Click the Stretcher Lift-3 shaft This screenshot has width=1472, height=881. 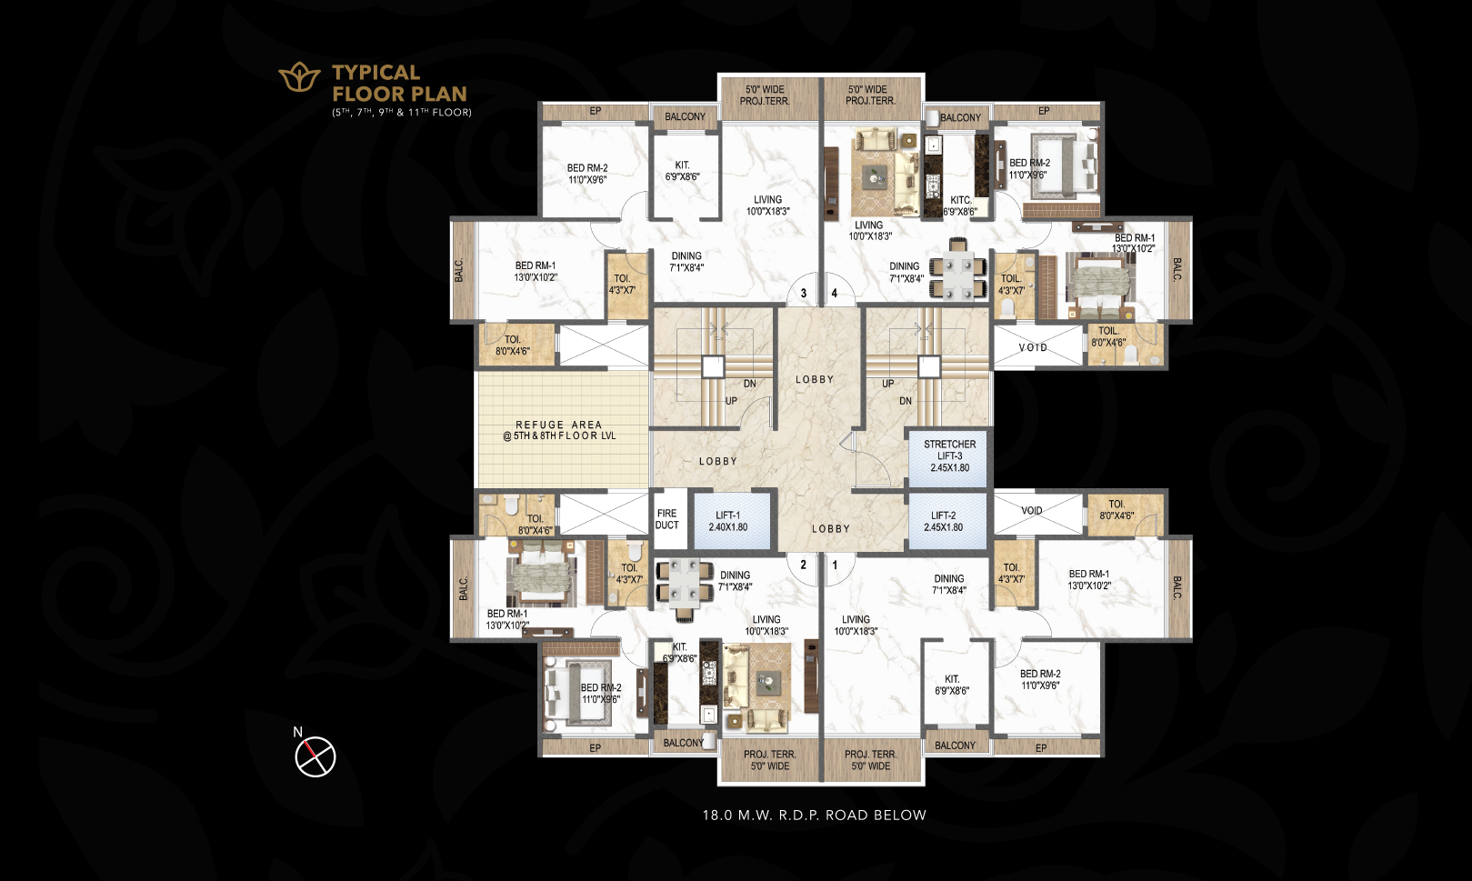[949, 456]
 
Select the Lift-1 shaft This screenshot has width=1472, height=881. [731, 521]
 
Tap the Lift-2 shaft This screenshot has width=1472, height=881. [947, 521]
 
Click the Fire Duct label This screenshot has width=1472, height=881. [667, 519]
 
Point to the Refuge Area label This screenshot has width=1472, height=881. [559, 430]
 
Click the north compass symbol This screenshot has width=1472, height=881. [315, 756]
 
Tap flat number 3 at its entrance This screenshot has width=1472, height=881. [804, 293]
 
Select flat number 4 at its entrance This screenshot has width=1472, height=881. [835, 293]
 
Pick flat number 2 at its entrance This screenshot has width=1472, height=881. [803, 565]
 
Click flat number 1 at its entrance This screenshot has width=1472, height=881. [836, 565]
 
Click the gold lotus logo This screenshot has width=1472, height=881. [299, 77]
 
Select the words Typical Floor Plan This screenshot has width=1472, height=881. [399, 83]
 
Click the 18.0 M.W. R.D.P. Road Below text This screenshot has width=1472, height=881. [815, 816]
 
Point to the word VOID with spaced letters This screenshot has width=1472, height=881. [1033, 347]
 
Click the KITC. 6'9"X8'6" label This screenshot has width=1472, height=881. [960, 205]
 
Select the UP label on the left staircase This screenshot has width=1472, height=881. [731, 401]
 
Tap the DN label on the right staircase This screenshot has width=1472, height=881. [906, 401]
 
